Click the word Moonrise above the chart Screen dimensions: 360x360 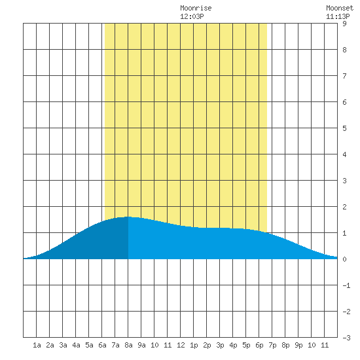(196, 8)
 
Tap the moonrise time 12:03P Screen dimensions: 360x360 (192, 16)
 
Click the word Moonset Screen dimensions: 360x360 (340, 8)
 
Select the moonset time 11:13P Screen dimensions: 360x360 (338, 16)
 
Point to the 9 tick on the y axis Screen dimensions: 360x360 (344, 24)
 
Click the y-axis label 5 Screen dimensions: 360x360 (344, 128)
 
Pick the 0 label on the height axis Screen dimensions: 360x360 (344, 259)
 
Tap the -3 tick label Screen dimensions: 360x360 (346, 338)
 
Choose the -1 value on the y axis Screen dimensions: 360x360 (346, 285)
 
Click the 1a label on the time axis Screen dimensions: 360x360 (37, 345)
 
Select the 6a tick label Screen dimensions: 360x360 (102, 345)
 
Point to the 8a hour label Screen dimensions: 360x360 (128, 345)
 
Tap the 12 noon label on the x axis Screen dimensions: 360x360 (181, 345)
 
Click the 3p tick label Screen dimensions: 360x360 (220, 345)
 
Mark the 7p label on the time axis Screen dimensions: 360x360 (272, 345)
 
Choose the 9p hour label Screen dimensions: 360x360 (298, 345)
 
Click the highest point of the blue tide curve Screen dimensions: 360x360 (128, 217)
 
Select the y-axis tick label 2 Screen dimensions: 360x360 (344, 207)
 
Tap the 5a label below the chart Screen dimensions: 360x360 (89, 345)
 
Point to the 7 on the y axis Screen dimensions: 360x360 (344, 76)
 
